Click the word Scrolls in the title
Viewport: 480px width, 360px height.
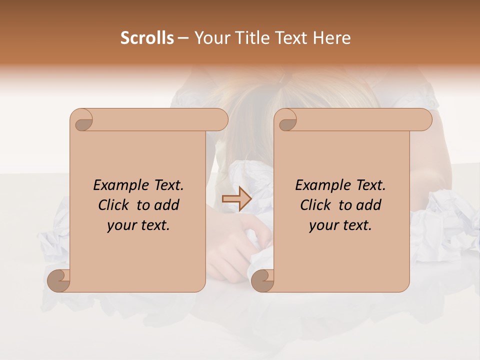[x=147, y=38]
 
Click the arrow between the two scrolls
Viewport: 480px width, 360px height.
[x=236, y=199]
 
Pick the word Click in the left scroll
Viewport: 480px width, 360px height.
[x=112, y=205]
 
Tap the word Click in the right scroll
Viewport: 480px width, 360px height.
[x=314, y=205]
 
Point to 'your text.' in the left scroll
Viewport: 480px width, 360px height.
[x=138, y=225]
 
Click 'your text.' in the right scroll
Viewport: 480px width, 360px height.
[x=340, y=225]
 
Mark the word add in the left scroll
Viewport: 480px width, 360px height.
[x=167, y=205]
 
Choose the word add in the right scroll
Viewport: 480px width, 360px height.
[x=369, y=205]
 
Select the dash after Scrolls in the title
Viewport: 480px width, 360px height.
[x=183, y=38]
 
